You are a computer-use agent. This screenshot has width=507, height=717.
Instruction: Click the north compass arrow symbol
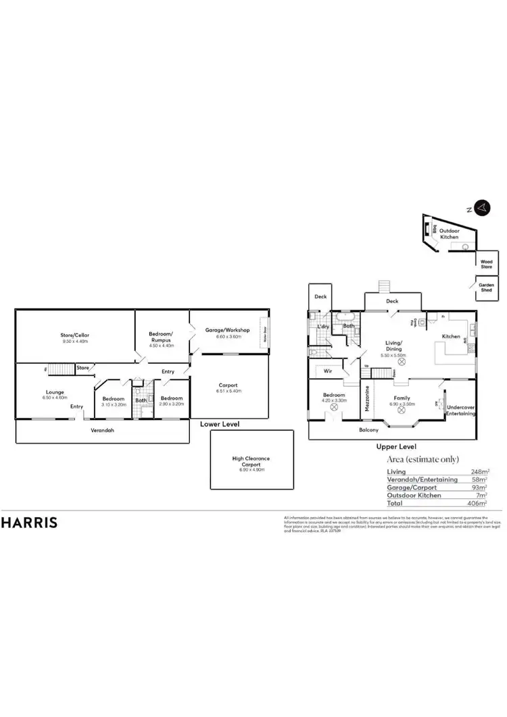pyautogui.click(x=481, y=207)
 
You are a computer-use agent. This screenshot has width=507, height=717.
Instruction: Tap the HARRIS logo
pyautogui.click(x=29, y=522)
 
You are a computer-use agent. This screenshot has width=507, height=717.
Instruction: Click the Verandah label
pyautogui.click(x=102, y=429)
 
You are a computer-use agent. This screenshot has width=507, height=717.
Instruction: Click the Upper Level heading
pyautogui.click(x=396, y=446)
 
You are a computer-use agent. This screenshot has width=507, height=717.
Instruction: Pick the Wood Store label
pyautogui.click(x=486, y=264)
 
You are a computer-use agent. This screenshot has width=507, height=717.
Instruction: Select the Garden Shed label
pyautogui.click(x=486, y=286)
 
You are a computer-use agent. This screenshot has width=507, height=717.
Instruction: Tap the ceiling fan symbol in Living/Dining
pyautogui.click(x=402, y=362)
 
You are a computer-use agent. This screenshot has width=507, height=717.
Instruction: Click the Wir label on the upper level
pyautogui.click(x=327, y=371)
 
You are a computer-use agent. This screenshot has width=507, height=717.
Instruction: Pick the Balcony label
pyautogui.click(x=368, y=429)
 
